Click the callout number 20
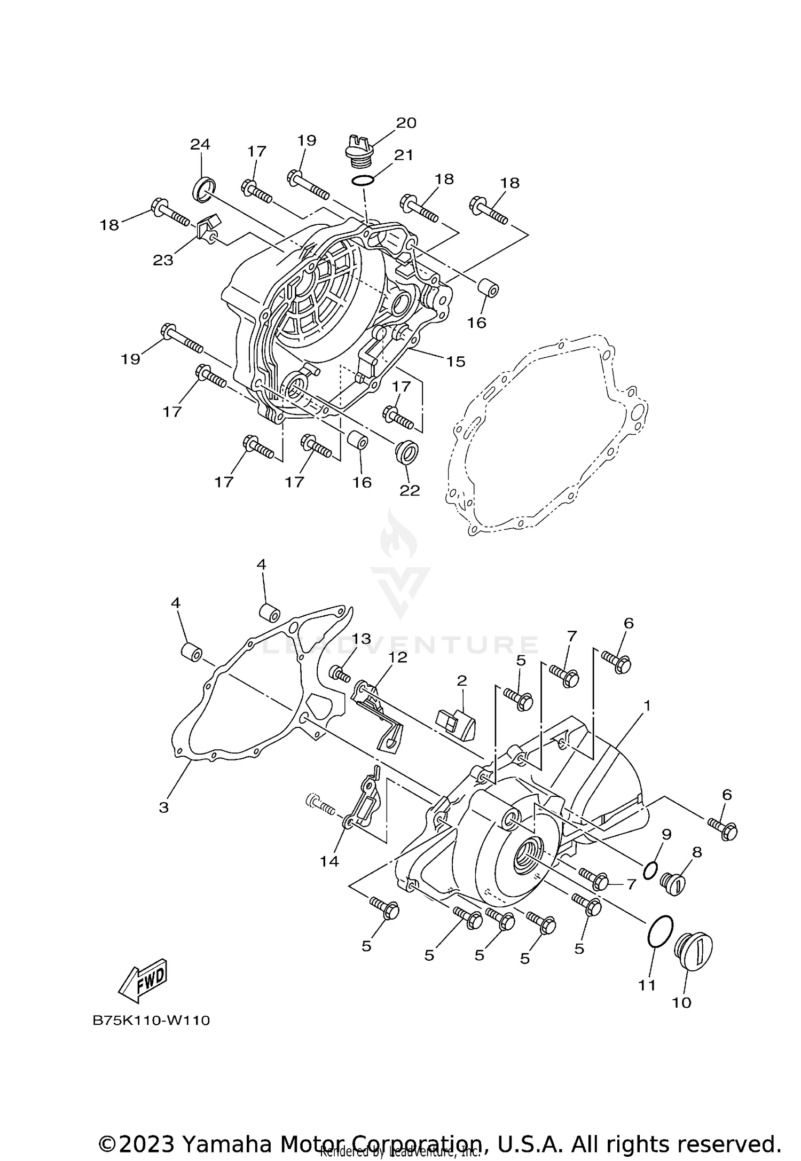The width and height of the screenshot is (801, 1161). pyautogui.click(x=406, y=123)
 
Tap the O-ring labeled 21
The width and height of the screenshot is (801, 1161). pyautogui.click(x=363, y=181)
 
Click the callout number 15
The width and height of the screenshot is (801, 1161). pyautogui.click(x=456, y=362)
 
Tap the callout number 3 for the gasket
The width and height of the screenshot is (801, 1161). pyautogui.click(x=163, y=807)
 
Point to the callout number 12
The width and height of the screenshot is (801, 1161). pyautogui.click(x=398, y=657)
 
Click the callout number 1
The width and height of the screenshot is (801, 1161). pyautogui.click(x=647, y=706)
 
